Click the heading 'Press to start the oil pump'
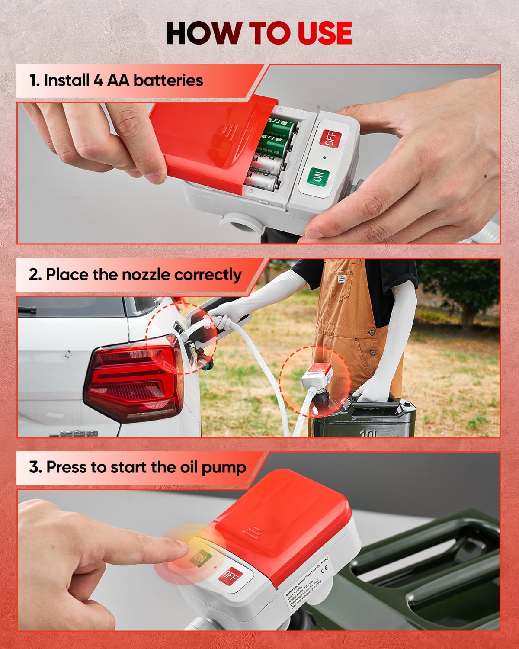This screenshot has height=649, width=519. (138, 467)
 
